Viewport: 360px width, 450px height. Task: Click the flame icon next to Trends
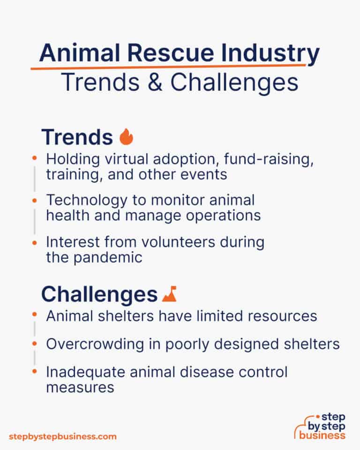pos(127,137)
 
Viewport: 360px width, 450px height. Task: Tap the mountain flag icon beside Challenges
pos(169,294)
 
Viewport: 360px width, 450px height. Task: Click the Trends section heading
pos(77,137)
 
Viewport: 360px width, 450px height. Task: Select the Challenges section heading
pos(99,294)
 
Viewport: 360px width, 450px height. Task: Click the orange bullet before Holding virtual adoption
pos(34,159)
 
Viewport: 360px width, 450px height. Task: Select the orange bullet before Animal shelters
pos(34,316)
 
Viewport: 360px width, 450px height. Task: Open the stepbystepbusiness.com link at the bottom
pos(62,436)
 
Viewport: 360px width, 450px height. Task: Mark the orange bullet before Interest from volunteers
pos(34,242)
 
